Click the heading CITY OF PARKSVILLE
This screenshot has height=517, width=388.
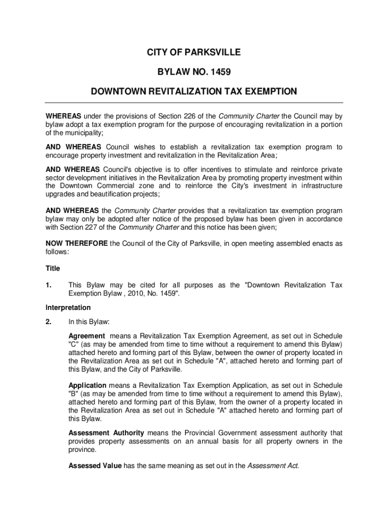tap(194, 53)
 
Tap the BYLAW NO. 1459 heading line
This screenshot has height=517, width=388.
tap(194, 72)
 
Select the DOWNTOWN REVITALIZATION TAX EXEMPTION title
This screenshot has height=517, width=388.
tap(194, 92)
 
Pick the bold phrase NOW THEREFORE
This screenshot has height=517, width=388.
tap(77, 243)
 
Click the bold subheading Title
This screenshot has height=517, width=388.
tap(53, 269)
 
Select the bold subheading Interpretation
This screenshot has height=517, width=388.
tap(68, 307)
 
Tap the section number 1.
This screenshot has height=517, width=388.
tap(49, 285)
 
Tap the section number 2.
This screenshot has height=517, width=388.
tap(49, 321)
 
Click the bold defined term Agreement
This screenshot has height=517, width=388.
tap(87, 336)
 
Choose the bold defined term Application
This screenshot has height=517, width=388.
tap(87, 386)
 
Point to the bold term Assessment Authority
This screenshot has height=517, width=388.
tap(106, 433)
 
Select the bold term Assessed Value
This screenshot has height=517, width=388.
tap(95, 466)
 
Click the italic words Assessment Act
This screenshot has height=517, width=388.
tap(273, 466)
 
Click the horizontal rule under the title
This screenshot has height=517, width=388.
tap(194, 102)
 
